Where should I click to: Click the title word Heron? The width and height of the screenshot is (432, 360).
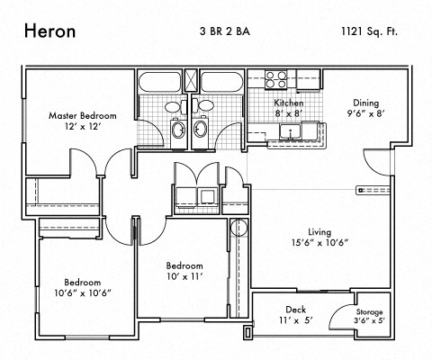(x=49, y=30)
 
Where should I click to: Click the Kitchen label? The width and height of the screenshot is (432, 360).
(x=288, y=103)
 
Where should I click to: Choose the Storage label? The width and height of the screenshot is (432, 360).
(x=368, y=311)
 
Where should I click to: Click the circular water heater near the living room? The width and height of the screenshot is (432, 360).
(x=238, y=226)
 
